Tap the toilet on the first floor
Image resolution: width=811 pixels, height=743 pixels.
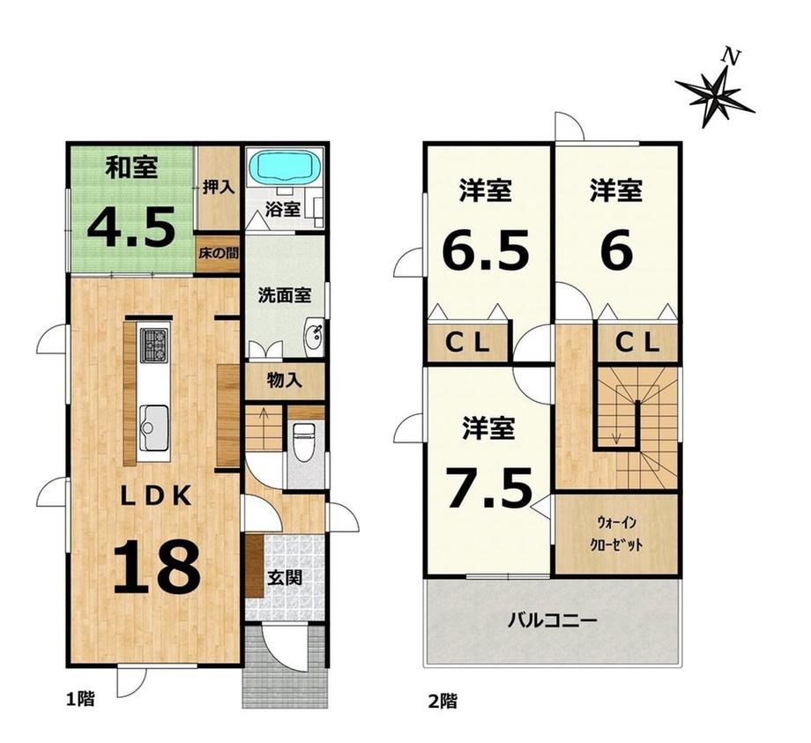[x=303, y=441]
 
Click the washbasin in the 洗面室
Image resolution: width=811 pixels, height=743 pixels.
[x=314, y=338]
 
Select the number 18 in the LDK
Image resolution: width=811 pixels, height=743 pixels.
[x=156, y=566]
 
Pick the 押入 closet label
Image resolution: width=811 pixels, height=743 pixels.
[x=219, y=187]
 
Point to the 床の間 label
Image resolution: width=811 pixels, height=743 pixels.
[x=219, y=253]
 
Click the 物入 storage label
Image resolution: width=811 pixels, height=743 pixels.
[x=284, y=381]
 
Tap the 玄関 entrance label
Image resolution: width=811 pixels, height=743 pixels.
[x=284, y=577]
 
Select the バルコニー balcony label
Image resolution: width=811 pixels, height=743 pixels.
[x=552, y=619]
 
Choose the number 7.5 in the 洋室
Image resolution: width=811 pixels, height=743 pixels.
[x=488, y=487]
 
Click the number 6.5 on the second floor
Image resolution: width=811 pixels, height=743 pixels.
[x=486, y=250]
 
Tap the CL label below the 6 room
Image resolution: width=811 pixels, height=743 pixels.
[x=637, y=341]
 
